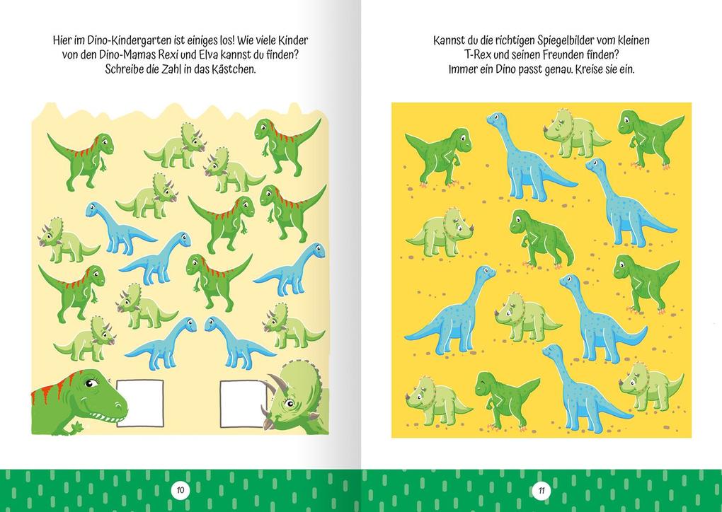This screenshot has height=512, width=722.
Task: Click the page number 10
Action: point(180,489)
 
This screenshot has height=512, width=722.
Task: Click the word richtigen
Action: point(521,41)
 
